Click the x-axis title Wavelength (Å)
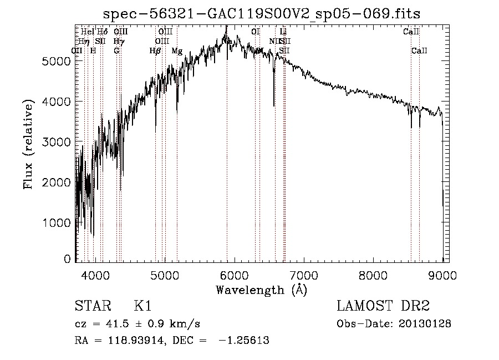coord(262,290)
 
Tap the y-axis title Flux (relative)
coord(28,144)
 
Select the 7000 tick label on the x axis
coord(304,275)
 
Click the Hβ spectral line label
coord(155,51)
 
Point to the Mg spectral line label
coord(177,51)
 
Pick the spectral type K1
coord(143,306)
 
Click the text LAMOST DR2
coord(383,306)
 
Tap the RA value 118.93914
coord(135,341)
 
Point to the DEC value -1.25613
coord(246,341)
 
